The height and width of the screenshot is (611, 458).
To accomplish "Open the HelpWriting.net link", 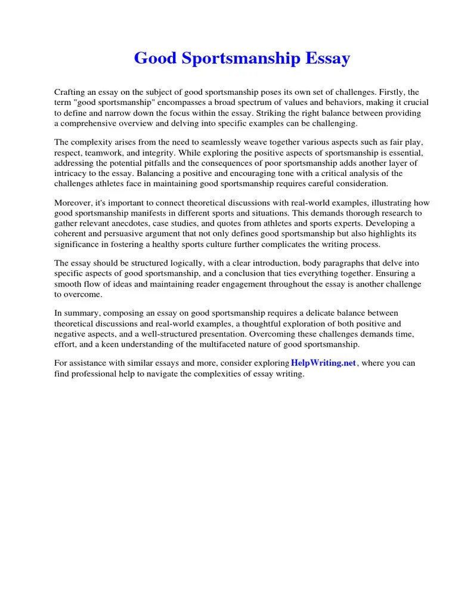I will click(x=323, y=363).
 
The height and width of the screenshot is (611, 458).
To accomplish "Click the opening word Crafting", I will click(x=70, y=92).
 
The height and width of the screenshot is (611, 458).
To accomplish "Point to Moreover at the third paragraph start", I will click(x=73, y=203).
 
